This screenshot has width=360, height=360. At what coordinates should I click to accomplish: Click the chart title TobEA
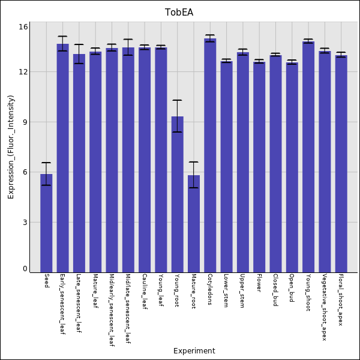click(x=179, y=13)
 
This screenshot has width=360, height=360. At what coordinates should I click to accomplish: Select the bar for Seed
click(x=46, y=222)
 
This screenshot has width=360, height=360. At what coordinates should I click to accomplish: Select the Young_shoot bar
click(x=308, y=156)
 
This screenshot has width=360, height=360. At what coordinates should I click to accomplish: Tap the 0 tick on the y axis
click(x=25, y=269)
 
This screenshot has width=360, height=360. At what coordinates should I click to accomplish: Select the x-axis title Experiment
click(x=194, y=351)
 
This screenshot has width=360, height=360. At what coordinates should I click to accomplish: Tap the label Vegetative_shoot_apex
click(x=324, y=307)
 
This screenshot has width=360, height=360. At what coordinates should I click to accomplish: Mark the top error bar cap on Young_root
click(x=177, y=100)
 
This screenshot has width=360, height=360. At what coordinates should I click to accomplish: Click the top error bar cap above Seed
click(x=46, y=163)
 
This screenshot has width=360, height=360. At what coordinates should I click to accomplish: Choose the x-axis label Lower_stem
click(x=226, y=290)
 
